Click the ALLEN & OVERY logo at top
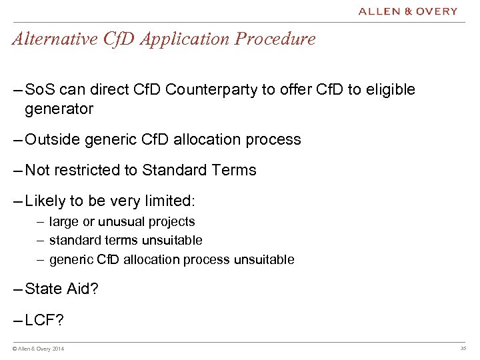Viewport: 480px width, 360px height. click(408, 11)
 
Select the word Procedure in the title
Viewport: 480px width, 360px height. click(280, 39)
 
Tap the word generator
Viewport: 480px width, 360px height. click(59, 108)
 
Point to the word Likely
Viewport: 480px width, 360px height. click(45, 201)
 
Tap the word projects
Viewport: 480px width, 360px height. click(172, 222)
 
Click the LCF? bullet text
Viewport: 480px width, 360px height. click(45, 320)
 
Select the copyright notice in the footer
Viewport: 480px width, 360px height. click(39, 349)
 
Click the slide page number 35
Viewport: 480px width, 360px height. click(463, 348)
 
